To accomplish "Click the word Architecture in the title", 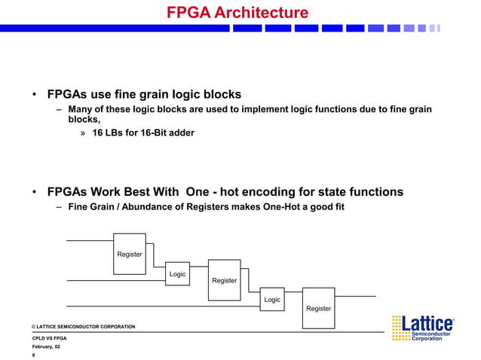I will (x=261, y=13).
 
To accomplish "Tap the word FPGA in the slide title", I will (x=189, y=13).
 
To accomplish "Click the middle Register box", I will (x=224, y=279).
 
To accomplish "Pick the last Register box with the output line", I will (x=318, y=307).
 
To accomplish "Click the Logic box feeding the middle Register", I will (x=177, y=274).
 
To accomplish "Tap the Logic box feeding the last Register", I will (x=271, y=299).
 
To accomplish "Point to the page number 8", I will (x=34, y=355).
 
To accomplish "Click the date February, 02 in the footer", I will (x=47, y=347).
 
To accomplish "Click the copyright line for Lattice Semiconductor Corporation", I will (x=83, y=326).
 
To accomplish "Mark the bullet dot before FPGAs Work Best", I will (x=35, y=192).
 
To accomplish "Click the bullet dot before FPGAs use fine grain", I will (x=35, y=95).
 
